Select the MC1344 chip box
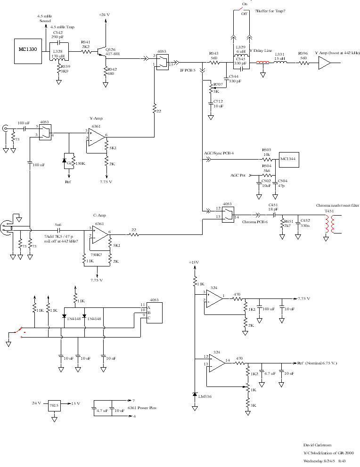[288, 159]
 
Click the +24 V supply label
[104, 15]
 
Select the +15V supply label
[194, 262]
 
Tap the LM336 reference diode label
[205, 397]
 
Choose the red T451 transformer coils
[329, 225]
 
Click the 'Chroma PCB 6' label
[254, 221]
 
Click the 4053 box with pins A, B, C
[155, 312]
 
